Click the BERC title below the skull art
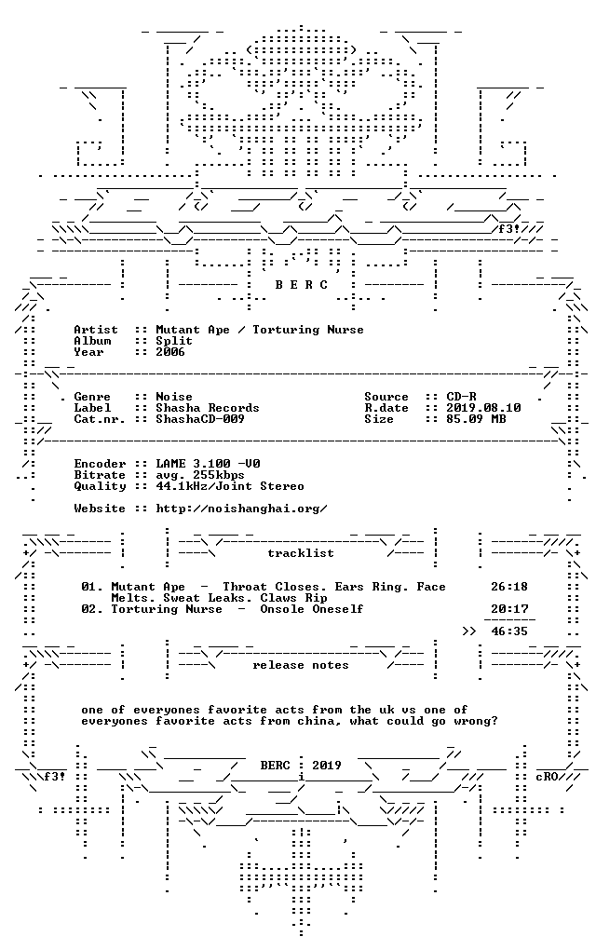point(301,284)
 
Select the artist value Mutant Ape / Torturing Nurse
point(260,330)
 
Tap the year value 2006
point(170,352)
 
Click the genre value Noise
point(174,397)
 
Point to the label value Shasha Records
point(208,408)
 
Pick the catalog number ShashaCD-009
point(200,419)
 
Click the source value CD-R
point(462,397)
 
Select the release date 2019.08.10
point(484,408)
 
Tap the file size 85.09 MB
point(476,419)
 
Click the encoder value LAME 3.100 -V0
point(209,464)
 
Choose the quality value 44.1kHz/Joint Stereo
point(230,486)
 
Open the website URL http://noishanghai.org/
point(242,509)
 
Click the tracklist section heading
point(301,553)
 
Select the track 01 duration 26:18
point(509,587)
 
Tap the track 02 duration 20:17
point(509,609)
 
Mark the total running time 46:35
point(509,631)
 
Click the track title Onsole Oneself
point(312,609)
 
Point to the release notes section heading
point(301,665)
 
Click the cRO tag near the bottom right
point(547,777)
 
